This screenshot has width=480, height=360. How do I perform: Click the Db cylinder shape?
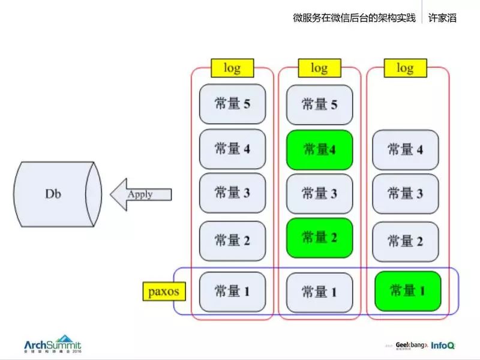[x=55, y=194]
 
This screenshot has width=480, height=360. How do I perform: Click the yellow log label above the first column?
[x=232, y=68]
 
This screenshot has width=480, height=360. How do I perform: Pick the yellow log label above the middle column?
[x=319, y=68]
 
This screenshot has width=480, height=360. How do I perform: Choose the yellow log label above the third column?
[x=405, y=68]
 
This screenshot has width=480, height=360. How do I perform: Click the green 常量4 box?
[x=319, y=149]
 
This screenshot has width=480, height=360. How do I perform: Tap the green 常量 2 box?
[x=319, y=238]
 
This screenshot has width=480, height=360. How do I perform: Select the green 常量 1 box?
[x=407, y=291]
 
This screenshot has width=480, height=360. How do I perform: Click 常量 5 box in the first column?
[x=232, y=104]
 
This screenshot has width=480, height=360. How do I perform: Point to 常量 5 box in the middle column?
[x=319, y=104]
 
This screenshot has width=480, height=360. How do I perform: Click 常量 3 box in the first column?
[x=232, y=193]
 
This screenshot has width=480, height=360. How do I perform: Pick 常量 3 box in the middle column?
[x=319, y=194]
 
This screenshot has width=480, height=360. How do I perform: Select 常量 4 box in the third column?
[x=405, y=149]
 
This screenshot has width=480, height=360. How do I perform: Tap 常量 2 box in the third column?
[x=405, y=241]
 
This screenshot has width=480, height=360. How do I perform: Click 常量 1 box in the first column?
[x=232, y=292]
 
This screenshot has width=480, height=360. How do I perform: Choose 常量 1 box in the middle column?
[x=319, y=292]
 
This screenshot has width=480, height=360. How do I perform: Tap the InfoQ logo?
[x=442, y=346]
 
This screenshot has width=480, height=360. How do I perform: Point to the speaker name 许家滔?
[x=443, y=17]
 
